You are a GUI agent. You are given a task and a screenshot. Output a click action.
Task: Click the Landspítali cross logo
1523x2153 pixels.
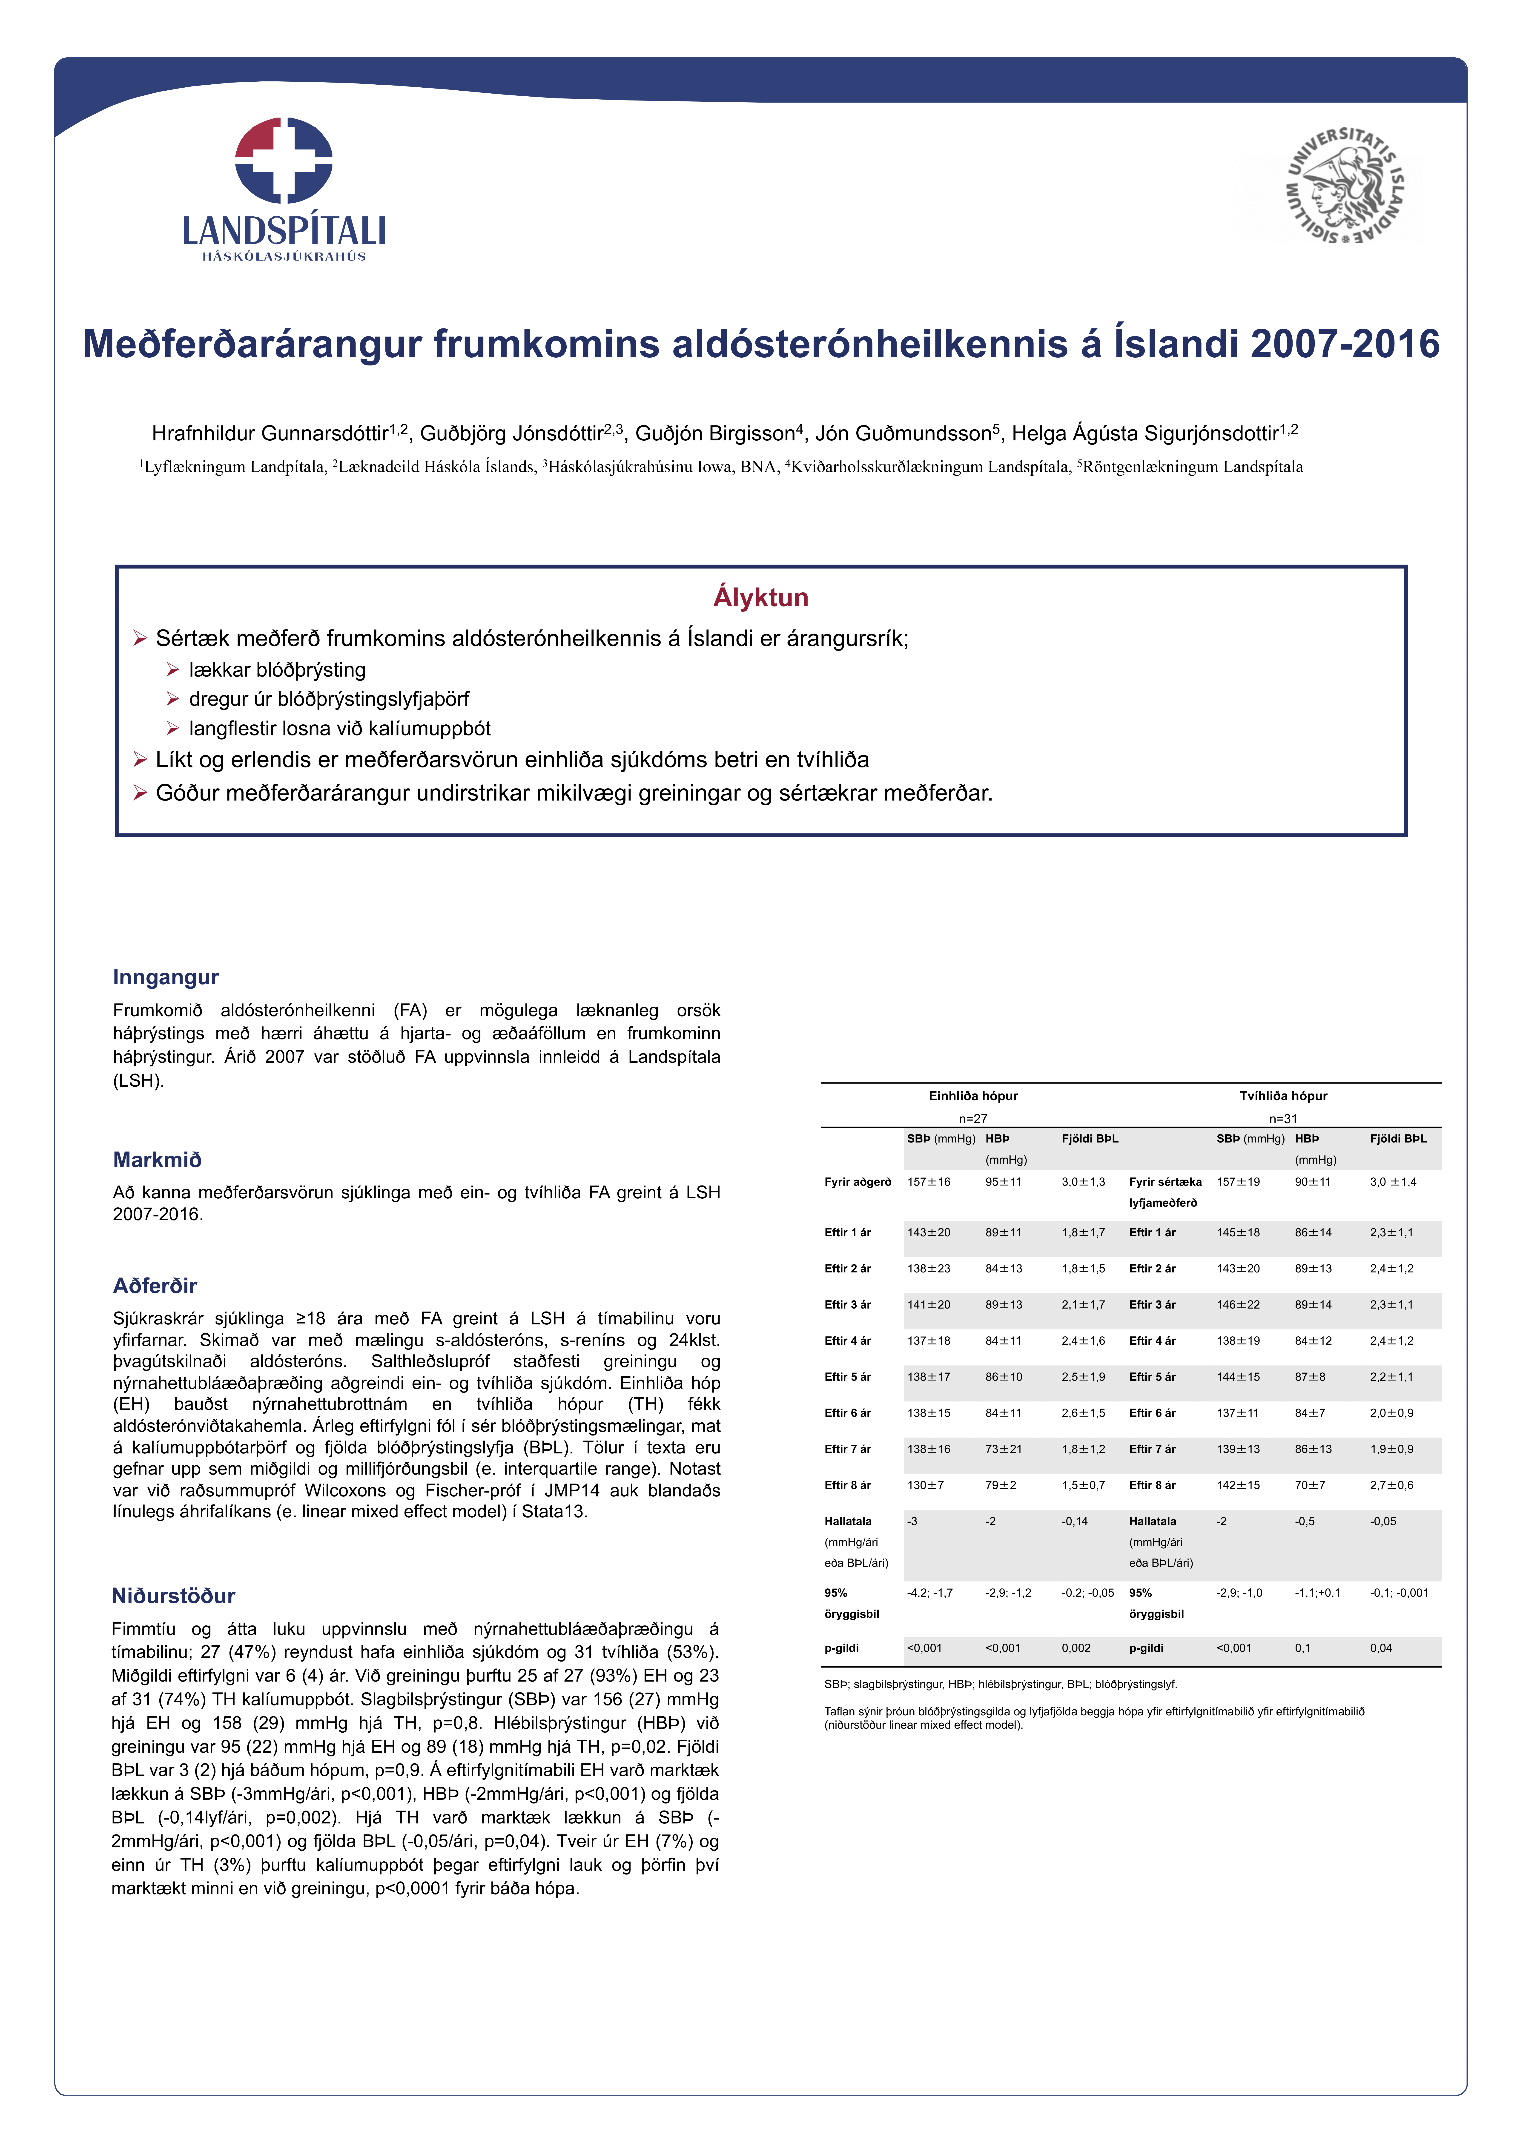click(283, 160)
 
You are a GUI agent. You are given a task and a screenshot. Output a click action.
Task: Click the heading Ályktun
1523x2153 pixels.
click(760, 597)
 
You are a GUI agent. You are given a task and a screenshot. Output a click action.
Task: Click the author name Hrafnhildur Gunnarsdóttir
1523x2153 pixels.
click(270, 433)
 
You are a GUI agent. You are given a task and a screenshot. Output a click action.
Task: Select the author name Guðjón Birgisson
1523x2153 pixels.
click(715, 433)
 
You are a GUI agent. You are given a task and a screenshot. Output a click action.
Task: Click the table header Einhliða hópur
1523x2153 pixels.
click(972, 1096)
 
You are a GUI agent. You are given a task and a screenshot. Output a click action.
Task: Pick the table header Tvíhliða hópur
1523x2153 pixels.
click(1283, 1096)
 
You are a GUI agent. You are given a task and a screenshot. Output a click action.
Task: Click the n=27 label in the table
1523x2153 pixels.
click(972, 1119)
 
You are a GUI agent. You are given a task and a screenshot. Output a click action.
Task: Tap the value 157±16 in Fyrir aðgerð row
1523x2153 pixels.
click(928, 1183)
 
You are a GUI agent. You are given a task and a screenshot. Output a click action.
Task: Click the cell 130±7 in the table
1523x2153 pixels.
click(925, 1485)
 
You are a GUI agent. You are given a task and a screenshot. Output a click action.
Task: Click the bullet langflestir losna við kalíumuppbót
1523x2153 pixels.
click(339, 729)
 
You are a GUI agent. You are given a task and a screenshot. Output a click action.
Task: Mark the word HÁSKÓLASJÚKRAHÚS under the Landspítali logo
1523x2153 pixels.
click(284, 256)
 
